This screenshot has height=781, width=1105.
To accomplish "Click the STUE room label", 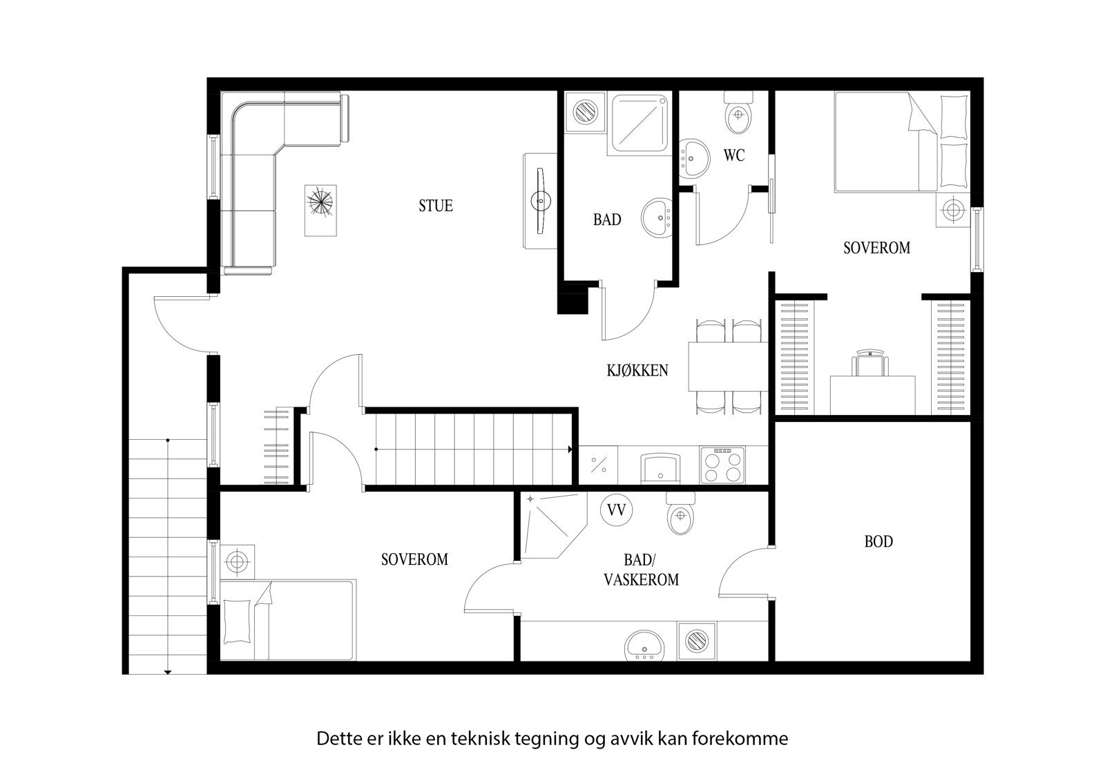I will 436,206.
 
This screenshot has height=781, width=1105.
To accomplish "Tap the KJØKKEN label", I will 637,370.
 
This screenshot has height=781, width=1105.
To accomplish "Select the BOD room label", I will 878,541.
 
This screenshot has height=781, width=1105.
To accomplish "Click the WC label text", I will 734,156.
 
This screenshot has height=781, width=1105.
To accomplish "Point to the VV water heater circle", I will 616,510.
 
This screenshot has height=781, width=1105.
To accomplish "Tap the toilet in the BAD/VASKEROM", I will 680,514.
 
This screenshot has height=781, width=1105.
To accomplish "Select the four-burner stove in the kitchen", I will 722,465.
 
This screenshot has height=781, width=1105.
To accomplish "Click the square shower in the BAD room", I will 639,124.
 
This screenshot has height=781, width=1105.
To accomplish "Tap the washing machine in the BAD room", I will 586,111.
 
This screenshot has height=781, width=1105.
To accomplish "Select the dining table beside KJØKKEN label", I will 728,366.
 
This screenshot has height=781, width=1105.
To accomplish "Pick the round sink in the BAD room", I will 658,218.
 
